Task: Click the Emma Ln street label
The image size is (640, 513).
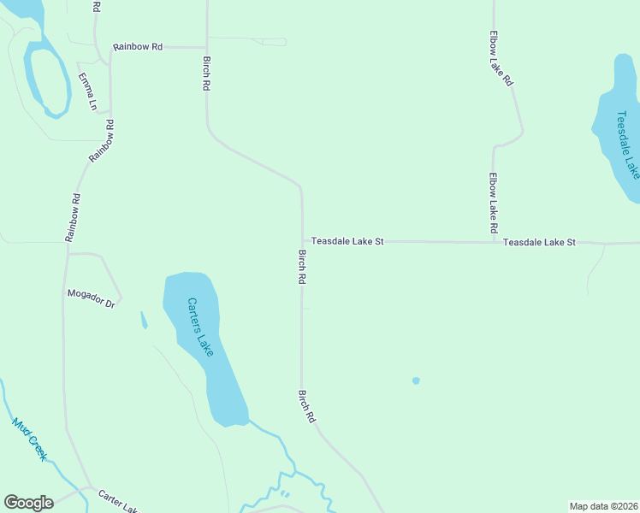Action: click(87, 91)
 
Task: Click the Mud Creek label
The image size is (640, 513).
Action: click(29, 439)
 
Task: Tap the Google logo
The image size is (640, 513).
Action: click(28, 503)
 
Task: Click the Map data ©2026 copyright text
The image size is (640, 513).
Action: click(603, 505)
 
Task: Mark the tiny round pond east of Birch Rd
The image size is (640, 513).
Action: click(416, 380)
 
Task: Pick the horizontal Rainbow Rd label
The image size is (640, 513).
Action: click(137, 46)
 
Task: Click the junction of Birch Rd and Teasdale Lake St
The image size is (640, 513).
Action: click(301, 242)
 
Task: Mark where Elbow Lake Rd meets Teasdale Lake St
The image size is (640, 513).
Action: click(494, 242)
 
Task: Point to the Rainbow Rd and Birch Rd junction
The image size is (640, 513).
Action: click(206, 47)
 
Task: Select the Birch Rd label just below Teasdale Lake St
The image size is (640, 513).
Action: click(302, 267)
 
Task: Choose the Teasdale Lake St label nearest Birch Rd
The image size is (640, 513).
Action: click(347, 242)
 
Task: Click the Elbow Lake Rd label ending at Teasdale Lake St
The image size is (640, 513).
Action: click(494, 203)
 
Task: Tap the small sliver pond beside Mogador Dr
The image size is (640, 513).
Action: click(144, 321)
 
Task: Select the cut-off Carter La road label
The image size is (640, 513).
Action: click(117, 501)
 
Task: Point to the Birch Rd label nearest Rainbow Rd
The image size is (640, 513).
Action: click(206, 74)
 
